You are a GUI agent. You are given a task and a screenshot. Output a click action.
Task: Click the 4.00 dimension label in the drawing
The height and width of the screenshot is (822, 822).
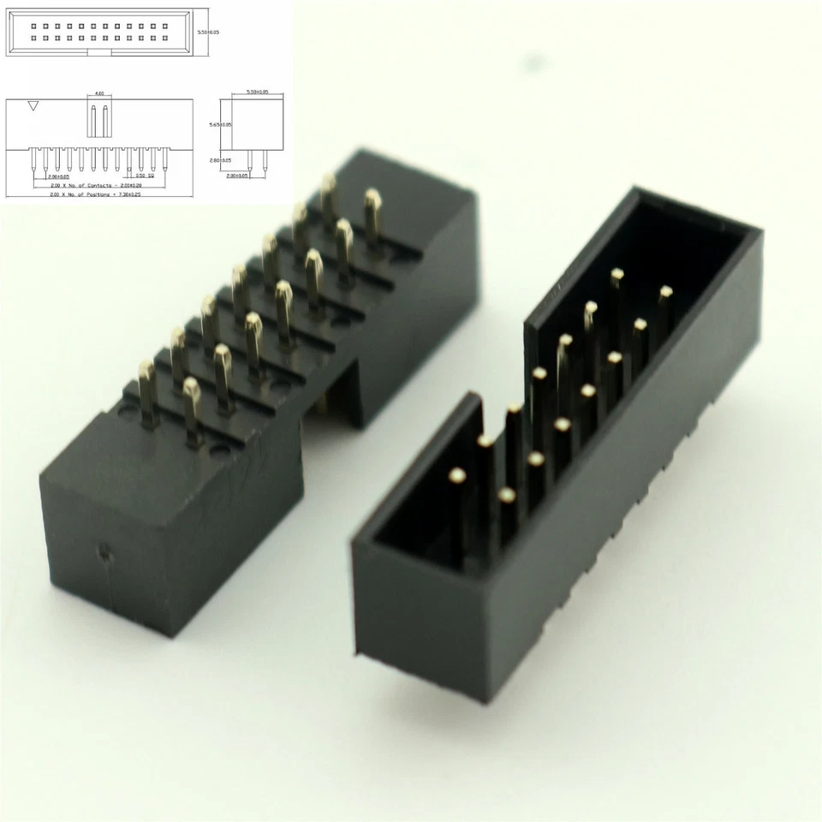pos(99,92)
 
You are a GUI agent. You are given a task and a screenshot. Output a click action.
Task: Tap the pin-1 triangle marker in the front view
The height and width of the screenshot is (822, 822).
pos(33,106)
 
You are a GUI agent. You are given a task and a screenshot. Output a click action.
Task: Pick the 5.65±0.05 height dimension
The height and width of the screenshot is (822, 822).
pos(218,125)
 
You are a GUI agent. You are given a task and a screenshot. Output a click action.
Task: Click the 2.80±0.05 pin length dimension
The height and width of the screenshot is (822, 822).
pos(219,159)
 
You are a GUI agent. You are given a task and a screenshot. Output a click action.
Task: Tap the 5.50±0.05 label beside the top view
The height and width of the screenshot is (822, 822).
pos(209,32)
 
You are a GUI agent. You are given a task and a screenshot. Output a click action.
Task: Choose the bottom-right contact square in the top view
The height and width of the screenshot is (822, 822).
pos(166,39)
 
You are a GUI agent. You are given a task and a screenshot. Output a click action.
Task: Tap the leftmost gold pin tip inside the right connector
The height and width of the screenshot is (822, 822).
pos(456,474)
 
